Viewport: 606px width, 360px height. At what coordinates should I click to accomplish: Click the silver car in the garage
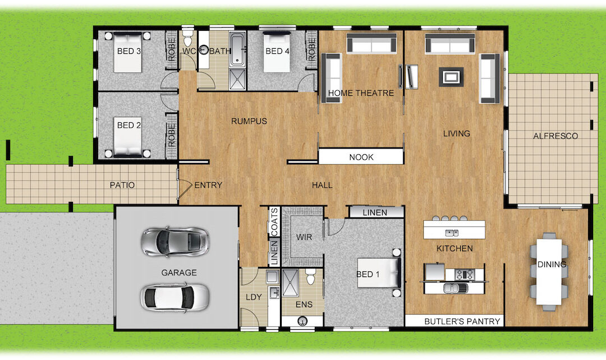(176, 242)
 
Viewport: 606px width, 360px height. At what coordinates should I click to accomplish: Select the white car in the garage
(175, 297)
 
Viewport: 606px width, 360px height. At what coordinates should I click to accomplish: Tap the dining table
(549, 271)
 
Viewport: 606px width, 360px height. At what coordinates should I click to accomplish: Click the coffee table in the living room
(451, 77)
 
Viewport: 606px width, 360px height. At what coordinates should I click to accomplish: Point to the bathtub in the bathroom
(237, 49)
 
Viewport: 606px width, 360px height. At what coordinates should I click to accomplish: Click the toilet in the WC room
(188, 39)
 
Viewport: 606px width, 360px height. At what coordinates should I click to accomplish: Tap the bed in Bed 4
(277, 53)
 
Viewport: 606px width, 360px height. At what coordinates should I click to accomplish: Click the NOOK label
(361, 157)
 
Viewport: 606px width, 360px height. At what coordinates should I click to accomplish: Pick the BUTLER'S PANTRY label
(462, 321)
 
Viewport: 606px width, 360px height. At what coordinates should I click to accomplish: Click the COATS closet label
(274, 221)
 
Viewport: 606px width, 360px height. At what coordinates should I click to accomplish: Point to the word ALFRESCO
(555, 136)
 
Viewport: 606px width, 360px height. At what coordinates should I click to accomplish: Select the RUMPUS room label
(249, 121)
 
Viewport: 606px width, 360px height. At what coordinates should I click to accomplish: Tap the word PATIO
(122, 185)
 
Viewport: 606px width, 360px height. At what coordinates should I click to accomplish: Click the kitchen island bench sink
(452, 233)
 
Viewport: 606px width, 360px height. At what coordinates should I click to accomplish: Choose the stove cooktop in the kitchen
(465, 274)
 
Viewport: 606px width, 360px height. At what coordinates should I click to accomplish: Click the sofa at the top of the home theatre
(371, 43)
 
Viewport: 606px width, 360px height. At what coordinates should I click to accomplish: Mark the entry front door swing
(185, 190)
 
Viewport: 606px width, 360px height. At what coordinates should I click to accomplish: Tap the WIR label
(304, 237)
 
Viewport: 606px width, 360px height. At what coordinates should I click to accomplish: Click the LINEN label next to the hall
(375, 213)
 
